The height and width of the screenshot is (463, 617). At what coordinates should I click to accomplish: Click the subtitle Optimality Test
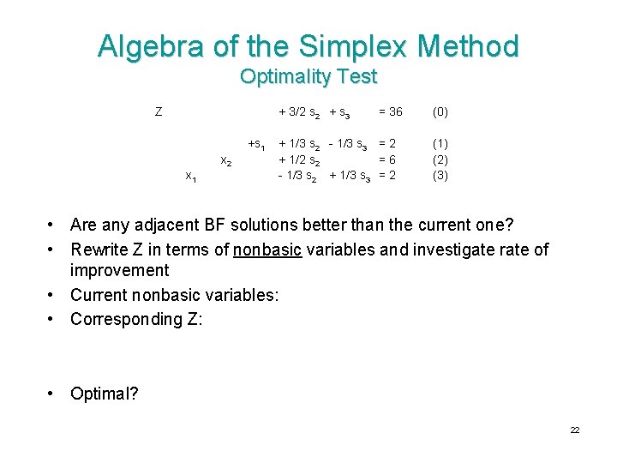click(308, 76)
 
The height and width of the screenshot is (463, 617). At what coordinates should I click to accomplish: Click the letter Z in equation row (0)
click(159, 111)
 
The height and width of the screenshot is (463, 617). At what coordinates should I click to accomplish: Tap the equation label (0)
click(440, 111)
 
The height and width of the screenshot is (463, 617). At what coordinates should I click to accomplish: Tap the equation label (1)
click(440, 144)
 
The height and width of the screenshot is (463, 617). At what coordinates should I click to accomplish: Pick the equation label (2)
click(440, 159)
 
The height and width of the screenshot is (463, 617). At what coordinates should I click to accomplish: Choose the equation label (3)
click(440, 176)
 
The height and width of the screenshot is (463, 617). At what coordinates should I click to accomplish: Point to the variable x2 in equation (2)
click(225, 160)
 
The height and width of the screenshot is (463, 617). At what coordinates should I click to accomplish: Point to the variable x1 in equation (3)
click(192, 177)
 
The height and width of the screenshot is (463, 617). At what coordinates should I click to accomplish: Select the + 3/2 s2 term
click(300, 112)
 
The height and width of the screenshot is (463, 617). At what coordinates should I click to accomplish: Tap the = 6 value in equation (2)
click(386, 159)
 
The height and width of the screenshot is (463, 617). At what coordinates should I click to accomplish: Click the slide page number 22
click(575, 430)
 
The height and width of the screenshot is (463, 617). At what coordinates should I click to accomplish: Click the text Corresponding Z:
click(136, 319)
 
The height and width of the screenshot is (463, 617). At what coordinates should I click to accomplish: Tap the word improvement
click(120, 271)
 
